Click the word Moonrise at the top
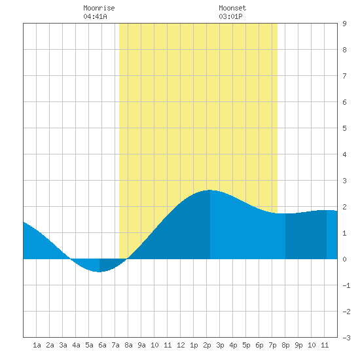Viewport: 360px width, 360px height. [99, 9]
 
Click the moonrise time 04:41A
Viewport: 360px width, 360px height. [95, 16]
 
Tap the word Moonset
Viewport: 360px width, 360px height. [232, 9]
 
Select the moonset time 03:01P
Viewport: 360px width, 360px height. [230, 16]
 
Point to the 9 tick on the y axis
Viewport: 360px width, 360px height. [344, 24]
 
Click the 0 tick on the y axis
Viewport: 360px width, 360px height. [344, 259]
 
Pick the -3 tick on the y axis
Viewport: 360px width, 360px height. [346, 338]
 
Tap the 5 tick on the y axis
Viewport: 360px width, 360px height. [344, 128]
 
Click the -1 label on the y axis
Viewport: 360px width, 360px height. [346, 285]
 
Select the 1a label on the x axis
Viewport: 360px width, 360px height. [37, 345]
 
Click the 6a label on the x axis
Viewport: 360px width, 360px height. [102, 345]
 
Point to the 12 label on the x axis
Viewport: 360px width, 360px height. [181, 345]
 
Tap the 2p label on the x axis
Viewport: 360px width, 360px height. [207, 345]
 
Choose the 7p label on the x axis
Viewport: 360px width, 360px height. [272, 345]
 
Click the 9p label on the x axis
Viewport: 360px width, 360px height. [298, 345]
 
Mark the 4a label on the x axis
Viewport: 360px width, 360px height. [76, 345]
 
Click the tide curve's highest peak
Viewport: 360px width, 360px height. [209, 190]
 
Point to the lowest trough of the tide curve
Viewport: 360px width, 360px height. [99, 272]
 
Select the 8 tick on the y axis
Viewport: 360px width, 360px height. [344, 50]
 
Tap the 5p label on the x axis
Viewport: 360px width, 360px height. [246, 345]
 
